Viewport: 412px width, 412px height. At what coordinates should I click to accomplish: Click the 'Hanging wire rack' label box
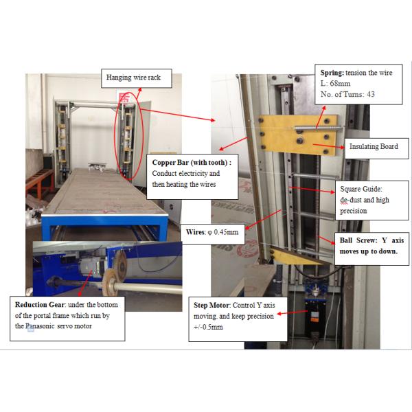[137, 78]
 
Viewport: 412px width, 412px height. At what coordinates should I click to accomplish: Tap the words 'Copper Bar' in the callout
[170, 163]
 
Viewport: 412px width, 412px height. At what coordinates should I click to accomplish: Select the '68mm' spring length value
[340, 84]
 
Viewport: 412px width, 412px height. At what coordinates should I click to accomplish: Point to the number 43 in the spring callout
[371, 94]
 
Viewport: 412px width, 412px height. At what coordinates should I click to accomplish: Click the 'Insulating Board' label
[374, 146]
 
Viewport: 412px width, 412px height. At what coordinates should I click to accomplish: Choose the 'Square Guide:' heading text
[361, 189]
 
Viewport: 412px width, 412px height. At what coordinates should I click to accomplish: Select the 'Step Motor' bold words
[211, 306]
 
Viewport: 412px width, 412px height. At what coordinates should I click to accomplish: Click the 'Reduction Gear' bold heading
[40, 305]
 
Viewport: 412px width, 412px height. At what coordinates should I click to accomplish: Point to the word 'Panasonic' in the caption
[41, 326]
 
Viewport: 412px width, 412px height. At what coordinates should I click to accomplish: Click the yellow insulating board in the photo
[299, 135]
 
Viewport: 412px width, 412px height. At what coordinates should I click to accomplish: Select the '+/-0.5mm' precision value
[208, 327]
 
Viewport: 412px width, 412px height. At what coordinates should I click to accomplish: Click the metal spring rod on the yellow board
[319, 128]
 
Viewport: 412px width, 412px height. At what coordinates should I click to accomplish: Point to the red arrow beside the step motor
[293, 312]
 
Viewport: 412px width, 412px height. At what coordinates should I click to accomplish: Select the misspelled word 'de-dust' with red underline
[351, 200]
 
